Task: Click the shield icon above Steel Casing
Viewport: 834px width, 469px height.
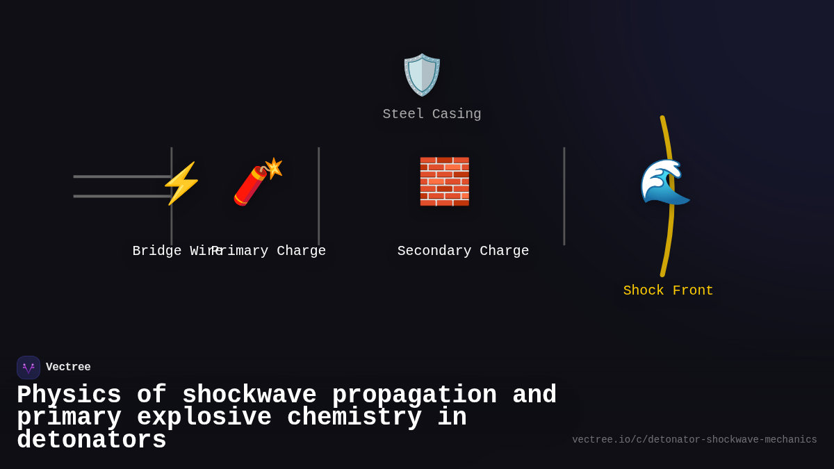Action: click(x=422, y=74)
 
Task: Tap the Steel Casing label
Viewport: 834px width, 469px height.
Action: click(x=432, y=114)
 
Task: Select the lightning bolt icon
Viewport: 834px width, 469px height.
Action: click(x=181, y=183)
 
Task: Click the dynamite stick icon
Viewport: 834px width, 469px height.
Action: click(x=258, y=182)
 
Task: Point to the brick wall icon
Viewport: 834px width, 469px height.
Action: click(x=444, y=181)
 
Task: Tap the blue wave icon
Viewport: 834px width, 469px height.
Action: click(x=664, y=182)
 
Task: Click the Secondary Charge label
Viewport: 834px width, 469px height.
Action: click(x=463, y=251)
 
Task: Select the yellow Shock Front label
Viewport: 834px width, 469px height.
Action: click(x=668, y=290)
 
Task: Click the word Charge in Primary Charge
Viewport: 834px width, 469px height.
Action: click(x=301, y=251)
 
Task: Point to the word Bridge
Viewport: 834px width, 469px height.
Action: click(x=156, y=251)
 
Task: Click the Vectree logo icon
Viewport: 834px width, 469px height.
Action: click(x=28, y=368)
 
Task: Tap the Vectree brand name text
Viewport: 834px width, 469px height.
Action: click(x=68, y=368)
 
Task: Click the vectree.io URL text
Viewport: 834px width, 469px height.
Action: click(x=694, y=440)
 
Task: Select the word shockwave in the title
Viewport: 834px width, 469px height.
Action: click(x=249, y=395)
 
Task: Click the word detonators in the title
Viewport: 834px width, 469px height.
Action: click(x=92, y=441)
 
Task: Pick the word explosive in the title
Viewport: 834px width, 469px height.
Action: click(x=204, y=418)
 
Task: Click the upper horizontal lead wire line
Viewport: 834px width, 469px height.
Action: click(x=122, y=176)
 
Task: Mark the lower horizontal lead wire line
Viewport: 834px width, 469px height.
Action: click(x=122, y=196)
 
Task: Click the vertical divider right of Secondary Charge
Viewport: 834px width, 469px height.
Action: click(x=564, y=196)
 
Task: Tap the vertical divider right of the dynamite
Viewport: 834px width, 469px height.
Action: click(x=318, y=196)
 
